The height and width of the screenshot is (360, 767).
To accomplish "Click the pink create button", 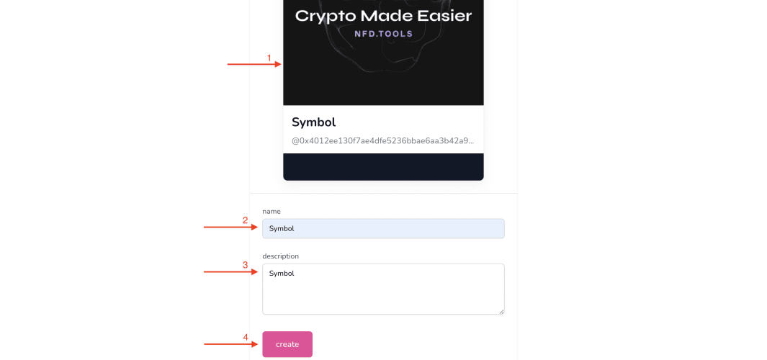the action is tap(287, 344).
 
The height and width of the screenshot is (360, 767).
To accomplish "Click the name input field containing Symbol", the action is tap(383, 228).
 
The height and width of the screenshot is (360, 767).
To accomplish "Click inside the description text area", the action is tap(383, 289).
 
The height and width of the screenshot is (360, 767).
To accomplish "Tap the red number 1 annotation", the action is tap(269, 58).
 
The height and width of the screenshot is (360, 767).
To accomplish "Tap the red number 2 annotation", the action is tap(246, 220).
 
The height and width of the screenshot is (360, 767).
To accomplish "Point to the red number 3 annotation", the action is tap(246, 265).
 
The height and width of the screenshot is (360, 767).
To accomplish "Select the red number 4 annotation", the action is tap(246, 337).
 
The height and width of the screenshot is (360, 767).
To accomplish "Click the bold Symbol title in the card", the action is tap(313, 122).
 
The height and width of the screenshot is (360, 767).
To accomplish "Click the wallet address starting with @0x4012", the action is tap(383, 141).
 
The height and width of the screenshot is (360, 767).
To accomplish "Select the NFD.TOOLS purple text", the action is tap(383, 34).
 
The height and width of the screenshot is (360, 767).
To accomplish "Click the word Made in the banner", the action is tap(386, 16).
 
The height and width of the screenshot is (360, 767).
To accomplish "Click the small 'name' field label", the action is tap(272, 211).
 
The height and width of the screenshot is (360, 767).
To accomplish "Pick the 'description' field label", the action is tap(280, 256).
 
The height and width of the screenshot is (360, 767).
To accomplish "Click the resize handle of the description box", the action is tap(501, 311).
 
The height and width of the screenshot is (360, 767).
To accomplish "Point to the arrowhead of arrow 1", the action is tap(278, 64).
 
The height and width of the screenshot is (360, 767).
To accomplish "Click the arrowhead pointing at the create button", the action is tap(254, 344).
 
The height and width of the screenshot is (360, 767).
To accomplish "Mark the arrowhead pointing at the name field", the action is tap(254, 227).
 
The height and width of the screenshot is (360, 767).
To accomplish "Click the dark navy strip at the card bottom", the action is tap(383, 167).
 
